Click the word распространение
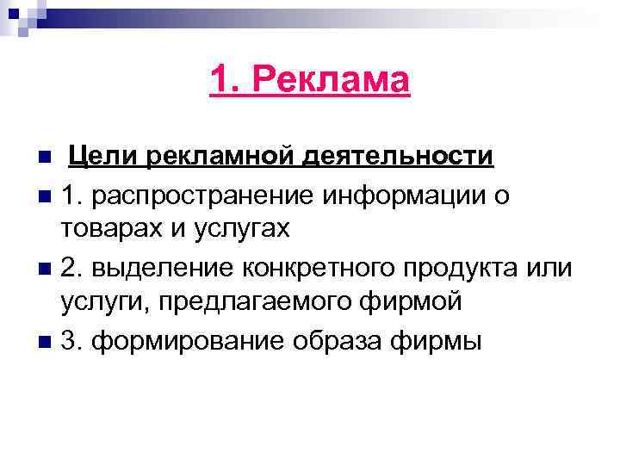(205, 195)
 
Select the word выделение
(160, 267)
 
